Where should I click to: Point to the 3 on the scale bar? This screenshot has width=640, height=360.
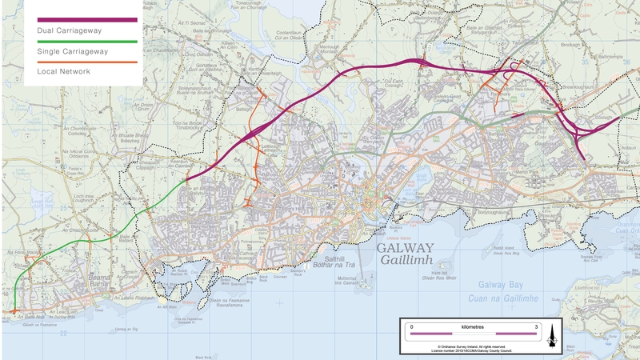[x=535, y=327]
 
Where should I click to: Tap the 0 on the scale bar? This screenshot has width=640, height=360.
[x=411, y=327]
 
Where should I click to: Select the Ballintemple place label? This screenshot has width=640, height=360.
[x=610, y=58]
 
